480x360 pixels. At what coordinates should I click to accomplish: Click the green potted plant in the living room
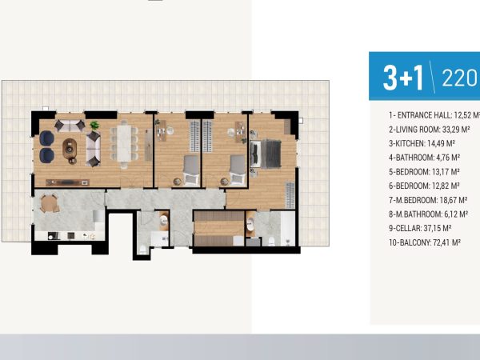pyautogui.click(x=94, y=125)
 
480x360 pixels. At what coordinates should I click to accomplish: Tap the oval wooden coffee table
pyautogui.click(x=70, y=149)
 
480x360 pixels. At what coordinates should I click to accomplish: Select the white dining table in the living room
pyautogui.click(x=124, y=143)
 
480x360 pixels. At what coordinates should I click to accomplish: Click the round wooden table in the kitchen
pyautogui.click(x=49, y=203)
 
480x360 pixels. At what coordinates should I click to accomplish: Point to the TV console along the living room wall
pyautogui.click(x=67, y=182)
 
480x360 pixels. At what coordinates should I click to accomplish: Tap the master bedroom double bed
pyautogui.click(x=266, y=154)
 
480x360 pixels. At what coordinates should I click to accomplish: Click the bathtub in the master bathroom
pyautogui.click(x=288, y=228)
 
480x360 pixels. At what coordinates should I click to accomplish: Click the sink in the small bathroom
pyautogui.click(x=164, y=220)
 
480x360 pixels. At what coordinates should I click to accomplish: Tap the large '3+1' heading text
pyautogui.click(x=403, y=78)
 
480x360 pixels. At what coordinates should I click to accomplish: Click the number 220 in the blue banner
pyautogui.click(x=459, y=78)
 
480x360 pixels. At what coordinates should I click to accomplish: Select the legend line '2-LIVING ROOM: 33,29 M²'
pyautogui.click(x=429, y=130)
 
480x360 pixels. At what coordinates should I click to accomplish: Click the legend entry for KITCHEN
pyautogui.click(x=422, y=143)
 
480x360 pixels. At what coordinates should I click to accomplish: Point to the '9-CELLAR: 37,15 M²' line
pyautogui.click(x=420, y=228)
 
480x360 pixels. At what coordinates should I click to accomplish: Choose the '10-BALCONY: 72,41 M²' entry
pyautogui.click(x=425, y=242)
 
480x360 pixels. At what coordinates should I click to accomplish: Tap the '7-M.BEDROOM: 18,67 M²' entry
pyautogui.click(x=428, y=200)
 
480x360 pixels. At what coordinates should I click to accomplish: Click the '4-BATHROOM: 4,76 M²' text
pyautogui.click(x=424, y=158)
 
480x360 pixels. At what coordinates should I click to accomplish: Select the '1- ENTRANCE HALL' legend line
pyautogui.click(x=434, y=115)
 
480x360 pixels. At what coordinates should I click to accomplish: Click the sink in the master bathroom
pyautogui.click(x=250, y=225)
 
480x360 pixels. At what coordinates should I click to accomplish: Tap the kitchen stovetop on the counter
pyautogui.click(x=54, y=236)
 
